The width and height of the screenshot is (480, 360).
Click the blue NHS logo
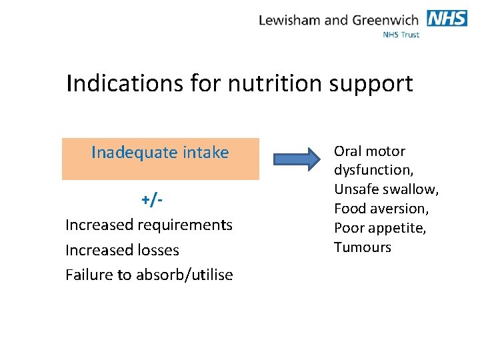[x=447, y=18]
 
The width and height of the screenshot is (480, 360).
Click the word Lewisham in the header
[x=289, y=20]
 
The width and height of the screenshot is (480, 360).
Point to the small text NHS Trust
[x=401, y=35]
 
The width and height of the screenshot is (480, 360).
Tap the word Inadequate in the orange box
[x=131, y=153]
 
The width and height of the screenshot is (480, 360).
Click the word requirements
[x=185, y=225]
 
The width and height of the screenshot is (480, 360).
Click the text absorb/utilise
[x=185, y=275]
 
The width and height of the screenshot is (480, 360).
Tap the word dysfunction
[x=373, y=171]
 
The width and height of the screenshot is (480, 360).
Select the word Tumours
[x=363, y=247]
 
